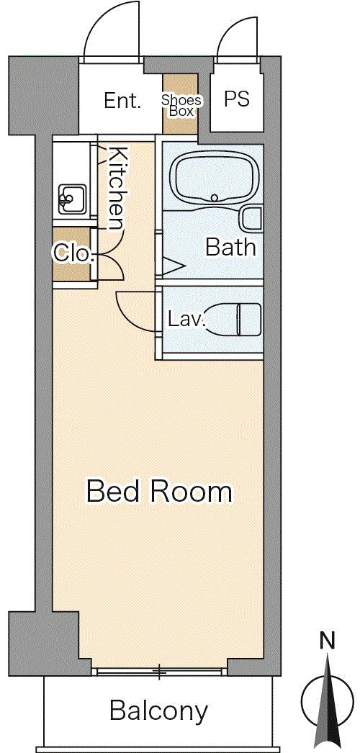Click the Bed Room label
(159, 492)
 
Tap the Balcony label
(159, 711)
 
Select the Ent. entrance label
(123, 101)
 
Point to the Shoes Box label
(181, 105)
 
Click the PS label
(237, 99)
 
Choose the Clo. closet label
(73, 253)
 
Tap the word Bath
(230, 248)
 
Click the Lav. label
(186, 319)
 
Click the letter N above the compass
(328, 641)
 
